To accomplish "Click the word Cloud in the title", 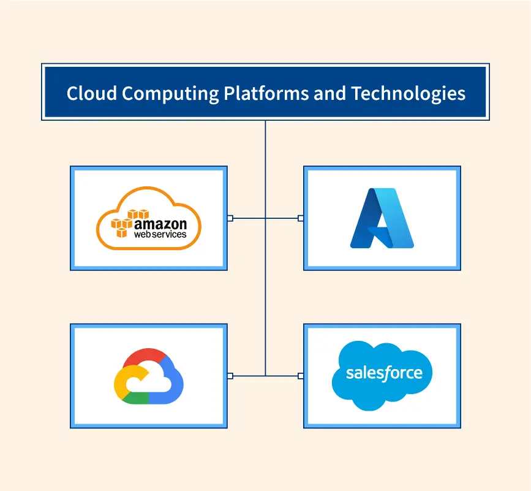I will tap(92, 93).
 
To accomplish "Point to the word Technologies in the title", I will tap(409, 93).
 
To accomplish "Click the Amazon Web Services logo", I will tap(149, 218).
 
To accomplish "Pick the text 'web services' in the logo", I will tap(160, 234).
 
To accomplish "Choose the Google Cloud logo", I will tap(149, 376).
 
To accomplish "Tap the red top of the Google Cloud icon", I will tap(145, 356).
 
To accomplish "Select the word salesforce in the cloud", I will tap(384, 373).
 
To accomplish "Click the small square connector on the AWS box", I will tap(230, 218).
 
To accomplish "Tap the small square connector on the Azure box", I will tap(300, 218).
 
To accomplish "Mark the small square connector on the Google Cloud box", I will tap(230, 375).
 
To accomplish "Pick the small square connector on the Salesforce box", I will tap(300, 375).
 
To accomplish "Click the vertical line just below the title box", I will tap(265, 138).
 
